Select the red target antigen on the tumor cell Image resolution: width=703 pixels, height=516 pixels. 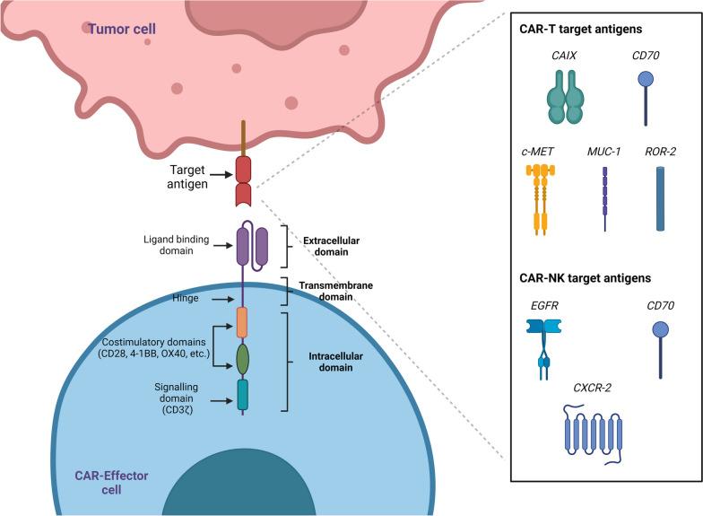coord(243,180)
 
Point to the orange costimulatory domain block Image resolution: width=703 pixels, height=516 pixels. coord(242,321)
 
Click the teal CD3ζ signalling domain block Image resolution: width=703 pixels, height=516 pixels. coord(242,393)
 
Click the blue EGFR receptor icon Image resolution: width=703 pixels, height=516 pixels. coord(542,345)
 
